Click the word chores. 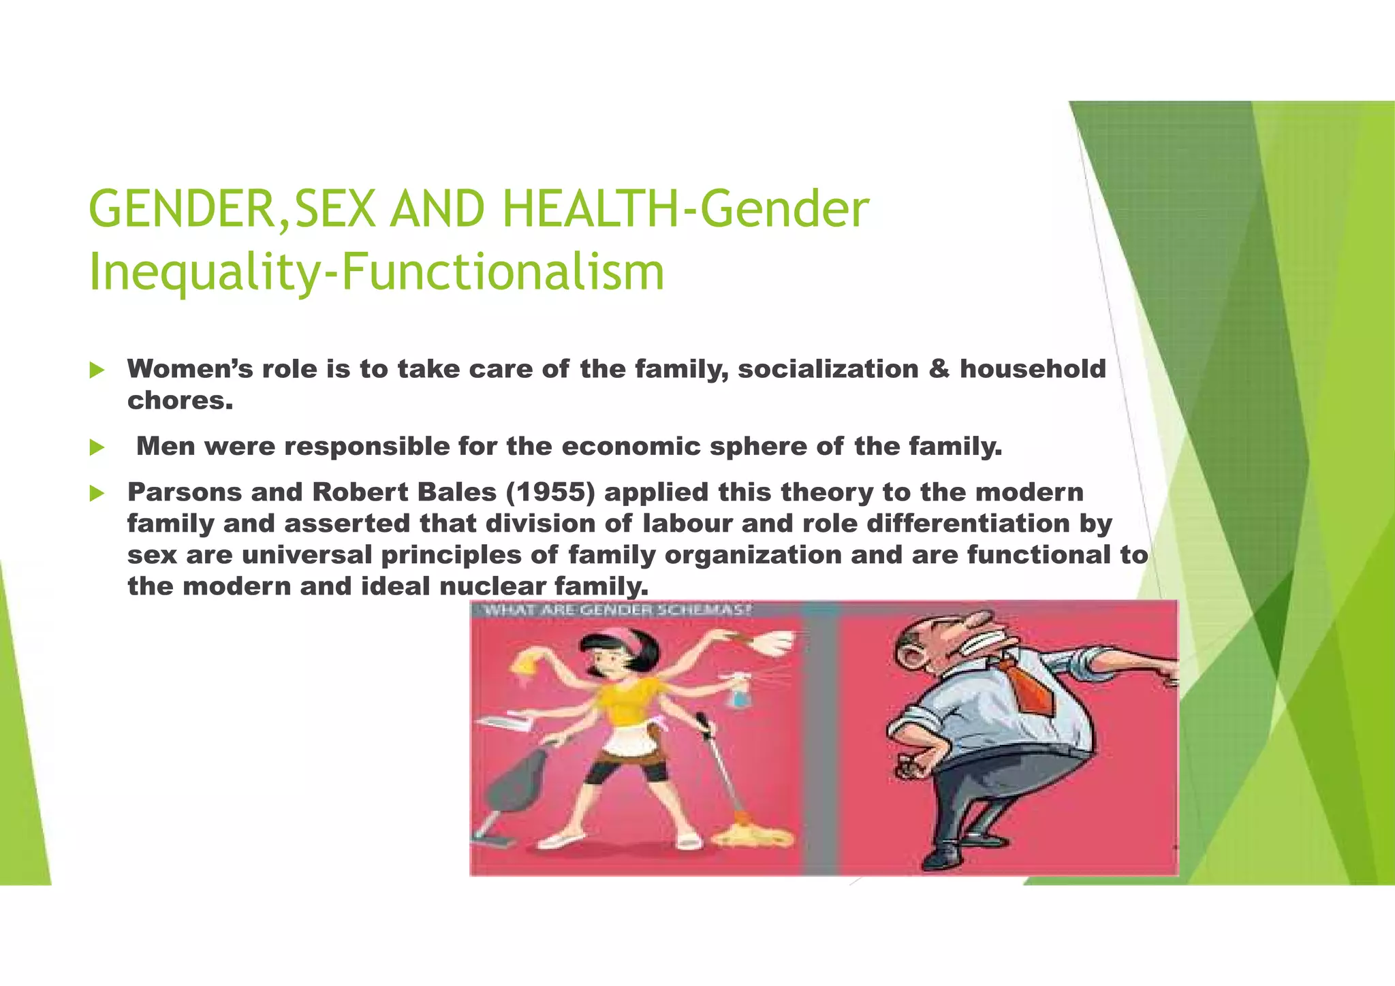coord(180,400)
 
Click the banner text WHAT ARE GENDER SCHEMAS coord(616,610)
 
